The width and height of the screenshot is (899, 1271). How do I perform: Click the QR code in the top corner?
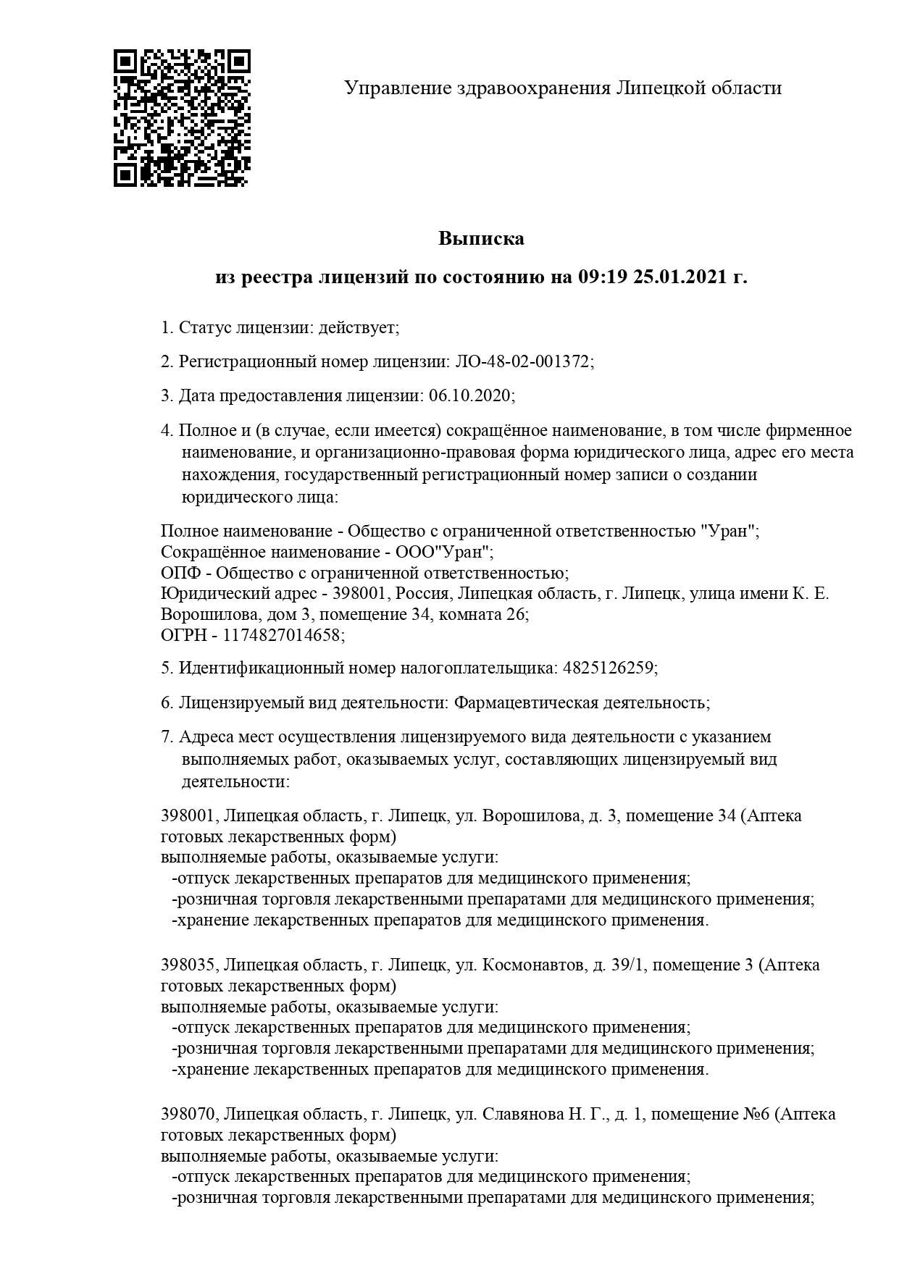[182, 118]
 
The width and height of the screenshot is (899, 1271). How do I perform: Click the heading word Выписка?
[481, 238]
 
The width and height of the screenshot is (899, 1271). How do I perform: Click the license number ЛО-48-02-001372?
[522, 361]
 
